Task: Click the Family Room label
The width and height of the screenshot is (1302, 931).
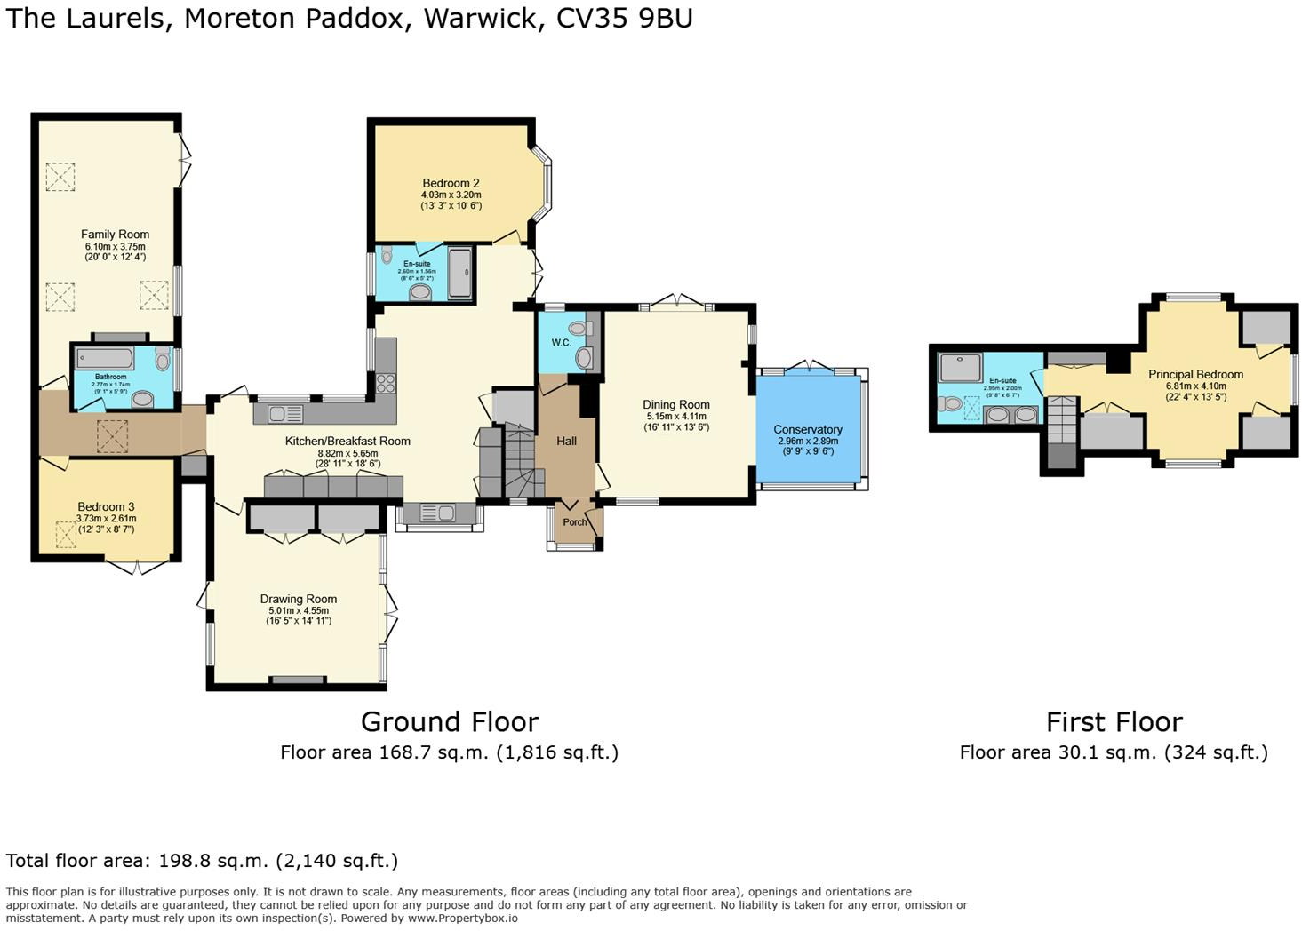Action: (x=115, y=235)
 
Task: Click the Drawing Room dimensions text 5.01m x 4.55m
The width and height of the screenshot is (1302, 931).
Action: (x=299, y=610)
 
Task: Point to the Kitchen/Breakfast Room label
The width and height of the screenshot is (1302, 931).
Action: (x=347, y=441)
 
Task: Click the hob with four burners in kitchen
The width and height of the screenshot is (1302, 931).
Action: (x=386, y=383)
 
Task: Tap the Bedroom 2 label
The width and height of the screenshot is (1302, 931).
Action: (x=451, y=183)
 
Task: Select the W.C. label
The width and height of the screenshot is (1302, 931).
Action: (x=561, y=342)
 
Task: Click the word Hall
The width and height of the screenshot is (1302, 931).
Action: (x=566, y=441)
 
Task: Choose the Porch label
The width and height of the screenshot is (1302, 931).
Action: (x=575, y=521)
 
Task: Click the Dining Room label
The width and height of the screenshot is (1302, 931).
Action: (x=676, y=404)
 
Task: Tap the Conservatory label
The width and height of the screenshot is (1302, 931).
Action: (x=808, y=429)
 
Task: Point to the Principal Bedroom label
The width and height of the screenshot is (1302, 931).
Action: (x=1195, y=374)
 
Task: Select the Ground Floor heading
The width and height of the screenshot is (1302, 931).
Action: (x=449, y=721)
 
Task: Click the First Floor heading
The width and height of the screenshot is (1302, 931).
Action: (x=1114, y=721)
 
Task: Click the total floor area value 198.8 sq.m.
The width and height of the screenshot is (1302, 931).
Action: (x=213, y=861)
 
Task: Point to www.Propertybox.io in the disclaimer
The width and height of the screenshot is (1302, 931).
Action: (x=462, y=918)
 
